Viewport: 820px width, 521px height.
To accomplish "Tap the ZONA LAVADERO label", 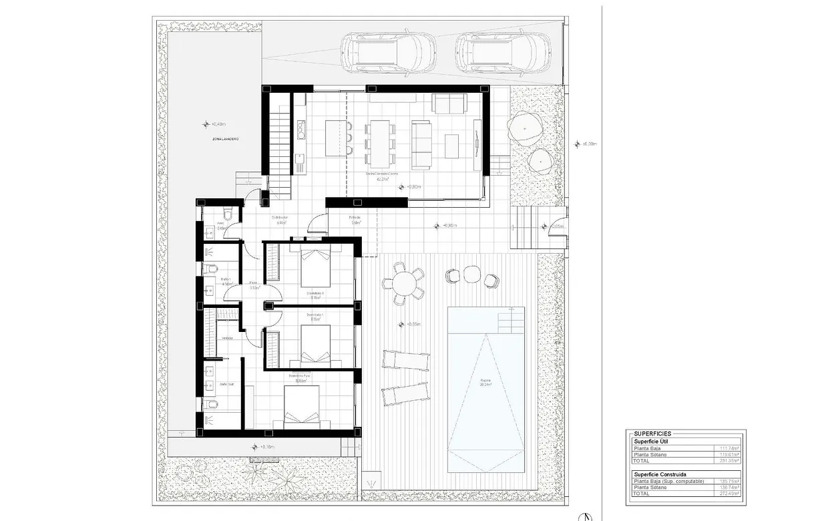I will coord(225,139).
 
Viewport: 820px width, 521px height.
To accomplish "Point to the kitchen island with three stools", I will coord(337,138).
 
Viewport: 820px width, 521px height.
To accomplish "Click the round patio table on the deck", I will coord(404,285).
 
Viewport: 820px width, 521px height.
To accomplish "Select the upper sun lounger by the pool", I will coord(405,360).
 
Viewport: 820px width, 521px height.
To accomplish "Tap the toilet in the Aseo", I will coord(227,212).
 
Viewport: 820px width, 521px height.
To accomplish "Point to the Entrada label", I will coord(355,218).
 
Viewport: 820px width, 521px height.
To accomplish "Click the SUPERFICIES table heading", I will coord(652,434).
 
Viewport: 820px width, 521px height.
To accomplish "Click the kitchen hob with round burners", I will coord(301,131).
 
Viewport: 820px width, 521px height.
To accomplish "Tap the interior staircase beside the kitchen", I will coord(280,144).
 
